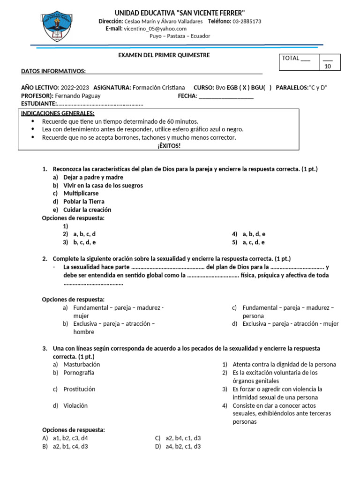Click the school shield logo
(58, 26)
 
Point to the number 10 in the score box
(328, 67)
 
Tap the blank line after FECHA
(226, 96)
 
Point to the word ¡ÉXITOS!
(158, 146)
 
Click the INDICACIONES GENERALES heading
(58, 113)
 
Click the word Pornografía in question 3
(79, 373)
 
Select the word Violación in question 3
(75, 405)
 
